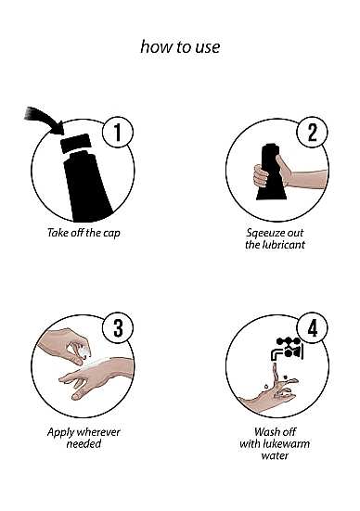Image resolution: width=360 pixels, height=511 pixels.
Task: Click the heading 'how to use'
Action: tap(180, 47)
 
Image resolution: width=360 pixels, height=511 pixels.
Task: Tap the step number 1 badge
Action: tap(118, 133)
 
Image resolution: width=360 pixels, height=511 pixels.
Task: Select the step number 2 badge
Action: tap(312, 133)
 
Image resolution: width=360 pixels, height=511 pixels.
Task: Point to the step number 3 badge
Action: tap(118, 328)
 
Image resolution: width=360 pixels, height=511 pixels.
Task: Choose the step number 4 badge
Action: tap(312, 328)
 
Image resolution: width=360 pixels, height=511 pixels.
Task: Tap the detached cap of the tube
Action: tap(75, 143)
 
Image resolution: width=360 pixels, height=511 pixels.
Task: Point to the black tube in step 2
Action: tap(271, 172)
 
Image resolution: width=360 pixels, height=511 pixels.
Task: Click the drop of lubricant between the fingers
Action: tap(85, 351)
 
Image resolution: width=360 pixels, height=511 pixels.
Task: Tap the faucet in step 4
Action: tap(287, 349)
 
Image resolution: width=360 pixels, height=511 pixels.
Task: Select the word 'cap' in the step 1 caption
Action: tap(111, 234)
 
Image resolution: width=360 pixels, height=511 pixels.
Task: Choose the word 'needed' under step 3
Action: tap(84, 443)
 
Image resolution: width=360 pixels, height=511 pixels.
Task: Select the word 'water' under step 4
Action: tap(275, 455)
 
